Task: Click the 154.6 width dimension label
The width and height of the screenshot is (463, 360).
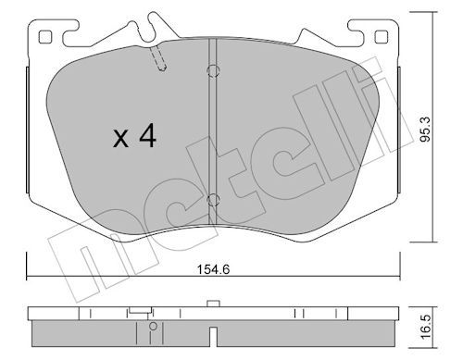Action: pos(214,269)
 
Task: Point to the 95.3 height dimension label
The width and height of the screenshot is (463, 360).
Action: pos(425,130)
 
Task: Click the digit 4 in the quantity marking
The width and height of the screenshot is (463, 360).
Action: pos(147,135)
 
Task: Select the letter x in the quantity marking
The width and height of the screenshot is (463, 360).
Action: pos(120,139)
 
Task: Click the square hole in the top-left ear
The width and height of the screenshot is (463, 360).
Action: pos(44,37)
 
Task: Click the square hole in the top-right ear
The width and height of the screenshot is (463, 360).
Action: pos(381,37)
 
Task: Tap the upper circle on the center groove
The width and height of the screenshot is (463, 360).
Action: pos(213,71)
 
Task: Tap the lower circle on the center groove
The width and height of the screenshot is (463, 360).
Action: pos(213,200)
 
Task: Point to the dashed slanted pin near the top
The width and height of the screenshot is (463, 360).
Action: pos(158,58)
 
